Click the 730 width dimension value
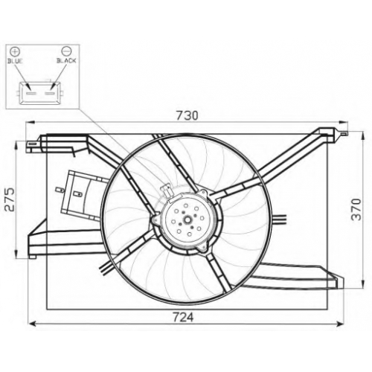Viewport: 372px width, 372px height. click(x=187, y=115)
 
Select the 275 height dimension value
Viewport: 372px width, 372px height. click(x=10, y=199)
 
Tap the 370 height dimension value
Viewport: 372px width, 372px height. click(x=356, y=209)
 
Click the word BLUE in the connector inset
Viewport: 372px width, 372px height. click(x=15, y=61)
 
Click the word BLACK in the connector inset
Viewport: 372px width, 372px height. click(x=66, y=60)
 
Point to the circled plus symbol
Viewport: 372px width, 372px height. click(x=15, y=51)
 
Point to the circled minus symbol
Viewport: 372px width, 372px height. click(x=66, y=51)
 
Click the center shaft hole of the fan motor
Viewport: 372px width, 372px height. click(x=187, y=219)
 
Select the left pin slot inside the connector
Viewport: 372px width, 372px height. click(x=31, y=94)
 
